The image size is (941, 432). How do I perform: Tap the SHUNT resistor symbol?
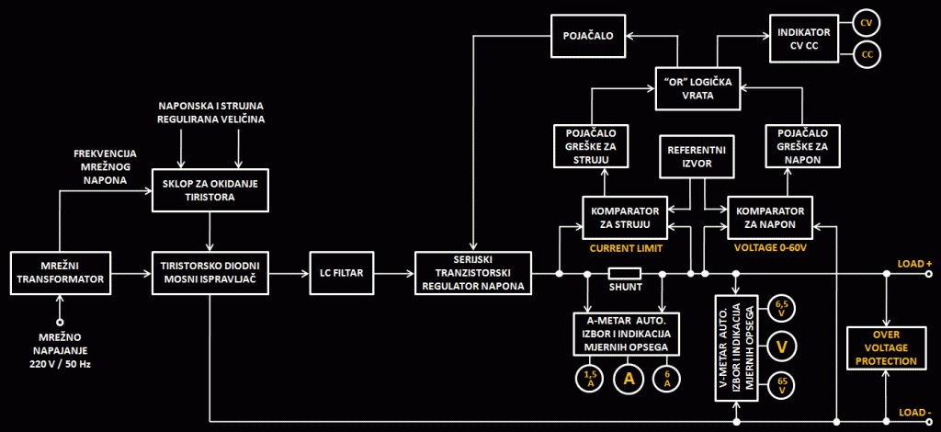[625, 273]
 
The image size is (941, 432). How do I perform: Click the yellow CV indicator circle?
[867, 22]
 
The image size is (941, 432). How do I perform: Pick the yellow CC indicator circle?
[867, 55]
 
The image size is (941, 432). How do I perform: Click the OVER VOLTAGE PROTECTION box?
[885, 347]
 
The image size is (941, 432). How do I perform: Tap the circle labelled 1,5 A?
[589, 377]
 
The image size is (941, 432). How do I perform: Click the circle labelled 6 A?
[665, 377]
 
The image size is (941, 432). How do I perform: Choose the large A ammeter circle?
[628, 377]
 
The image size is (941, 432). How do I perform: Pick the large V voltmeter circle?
[782, 347]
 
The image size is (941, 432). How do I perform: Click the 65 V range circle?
[782, 385]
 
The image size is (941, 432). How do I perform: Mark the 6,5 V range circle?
[782, 307]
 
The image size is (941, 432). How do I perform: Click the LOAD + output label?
[914, 264]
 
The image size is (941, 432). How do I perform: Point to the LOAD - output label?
[914, 412]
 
